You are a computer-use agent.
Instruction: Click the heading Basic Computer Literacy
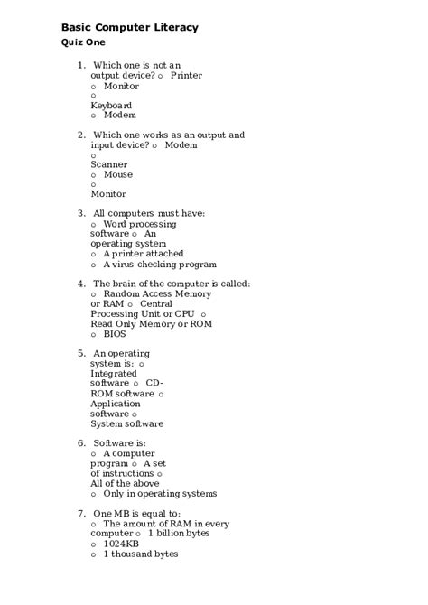click(129, 28)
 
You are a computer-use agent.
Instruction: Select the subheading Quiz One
click(83, 42)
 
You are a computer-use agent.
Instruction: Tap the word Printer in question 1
click(186, 76)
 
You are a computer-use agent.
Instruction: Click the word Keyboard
click(111, 106)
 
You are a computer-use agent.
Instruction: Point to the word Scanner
click(108, 164)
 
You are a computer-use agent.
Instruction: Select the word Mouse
click(117, 174)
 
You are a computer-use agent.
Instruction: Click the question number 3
click(81, 214)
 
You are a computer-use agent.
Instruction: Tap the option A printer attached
click(143, 254)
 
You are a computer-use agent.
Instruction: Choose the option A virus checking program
click(159, 265)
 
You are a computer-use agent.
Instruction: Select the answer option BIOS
click(115, 333)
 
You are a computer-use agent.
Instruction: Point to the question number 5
click(81, 353)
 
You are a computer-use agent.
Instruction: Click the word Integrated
click(114, 373)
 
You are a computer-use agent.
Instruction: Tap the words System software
click(126, 423)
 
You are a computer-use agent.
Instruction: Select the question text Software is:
click(119, 443)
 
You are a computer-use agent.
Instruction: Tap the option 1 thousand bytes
click(140, 554)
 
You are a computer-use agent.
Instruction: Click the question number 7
click(81, 514)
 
